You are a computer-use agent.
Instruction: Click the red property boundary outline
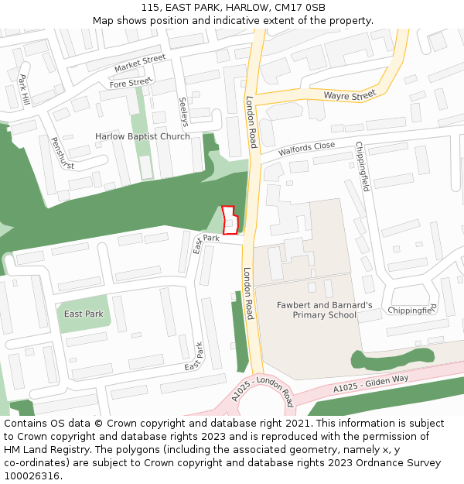coord(230,220)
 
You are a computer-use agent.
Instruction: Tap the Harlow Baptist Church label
coord(142,137)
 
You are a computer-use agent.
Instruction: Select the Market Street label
coord(140,64)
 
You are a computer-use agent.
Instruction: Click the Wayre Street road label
coord(349,95)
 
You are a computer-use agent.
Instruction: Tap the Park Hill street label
coord(24,90)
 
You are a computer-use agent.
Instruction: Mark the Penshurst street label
coord(61,153)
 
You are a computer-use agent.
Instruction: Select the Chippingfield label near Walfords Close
coord(362,166)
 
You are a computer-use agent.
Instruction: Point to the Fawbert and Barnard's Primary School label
coord(324,310)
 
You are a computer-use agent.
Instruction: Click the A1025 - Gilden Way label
coord(370,383)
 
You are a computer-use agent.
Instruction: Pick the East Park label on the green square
coord(84,314)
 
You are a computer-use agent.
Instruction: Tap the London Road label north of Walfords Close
coord(251,122)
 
